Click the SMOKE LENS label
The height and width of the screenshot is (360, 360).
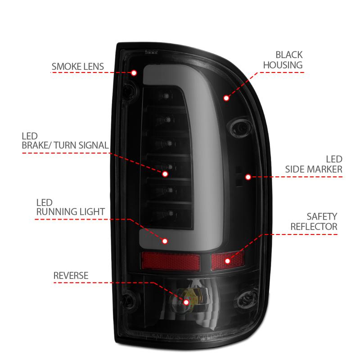(77, 67)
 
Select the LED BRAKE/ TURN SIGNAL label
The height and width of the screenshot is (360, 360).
(65, 140)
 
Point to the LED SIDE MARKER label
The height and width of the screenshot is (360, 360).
(314, 164)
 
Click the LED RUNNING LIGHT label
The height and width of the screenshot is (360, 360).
(70, 207)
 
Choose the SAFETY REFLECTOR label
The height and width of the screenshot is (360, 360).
(314, 221)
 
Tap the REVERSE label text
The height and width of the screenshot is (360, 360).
(71, 275)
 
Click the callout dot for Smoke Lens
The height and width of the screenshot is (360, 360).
(134, 73)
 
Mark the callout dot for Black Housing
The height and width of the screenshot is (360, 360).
(226, 98)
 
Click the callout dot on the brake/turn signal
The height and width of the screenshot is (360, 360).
(165, 173)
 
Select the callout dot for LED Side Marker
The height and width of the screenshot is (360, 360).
(248, 177)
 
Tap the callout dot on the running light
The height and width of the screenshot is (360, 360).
(165, 241)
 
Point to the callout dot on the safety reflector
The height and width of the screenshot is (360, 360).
(227, 261)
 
